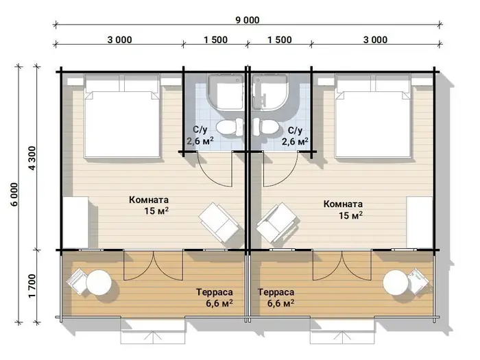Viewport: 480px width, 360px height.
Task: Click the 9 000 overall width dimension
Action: [x=248, y=20]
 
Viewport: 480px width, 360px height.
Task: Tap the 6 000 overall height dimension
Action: [x=14, y=194]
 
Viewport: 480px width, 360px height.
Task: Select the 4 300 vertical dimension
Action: [x=32, y=158]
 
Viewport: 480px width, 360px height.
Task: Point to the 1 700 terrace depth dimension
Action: [x=32, y=286]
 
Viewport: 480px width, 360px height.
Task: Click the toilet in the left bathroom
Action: [x=230, y=127]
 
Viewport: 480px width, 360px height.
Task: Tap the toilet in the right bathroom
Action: [x=266, y=127]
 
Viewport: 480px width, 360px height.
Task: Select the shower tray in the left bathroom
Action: [x=226, y=93]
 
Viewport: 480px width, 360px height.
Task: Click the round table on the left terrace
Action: [x=99, y=283]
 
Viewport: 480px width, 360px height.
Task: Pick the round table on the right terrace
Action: [x=396, y=283]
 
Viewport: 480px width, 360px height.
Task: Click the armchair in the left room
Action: [x=219, y=222]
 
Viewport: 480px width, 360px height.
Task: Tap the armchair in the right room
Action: [x=276, y=222]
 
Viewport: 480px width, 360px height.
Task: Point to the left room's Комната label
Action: [x=149, y=200]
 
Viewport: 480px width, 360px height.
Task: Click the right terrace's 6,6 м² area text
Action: [x=280, y=303]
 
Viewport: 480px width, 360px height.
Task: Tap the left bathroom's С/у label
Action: [x=200, y=130]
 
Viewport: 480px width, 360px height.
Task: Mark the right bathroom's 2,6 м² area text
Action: [x=295, y=142]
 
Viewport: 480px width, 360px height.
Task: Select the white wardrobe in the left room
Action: [x=75, y=222]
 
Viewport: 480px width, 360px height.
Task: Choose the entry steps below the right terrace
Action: [x=342, y=332]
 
